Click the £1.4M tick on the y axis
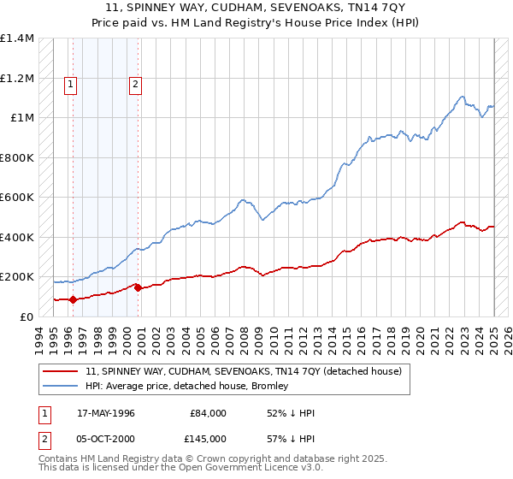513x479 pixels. [x=17, y=38]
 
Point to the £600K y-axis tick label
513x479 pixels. [x=17, y=198]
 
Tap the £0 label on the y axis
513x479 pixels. [x=26, y=317]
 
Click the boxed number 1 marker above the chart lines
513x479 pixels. [x=69, y=84]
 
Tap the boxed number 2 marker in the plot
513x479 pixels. [x=135, y=84]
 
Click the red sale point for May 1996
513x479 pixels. [x=73, y=299]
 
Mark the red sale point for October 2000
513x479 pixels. [x=138, y=287]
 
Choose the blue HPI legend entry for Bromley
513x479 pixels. [x=204, y=387]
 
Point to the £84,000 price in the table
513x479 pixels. [x=208, y=413]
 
